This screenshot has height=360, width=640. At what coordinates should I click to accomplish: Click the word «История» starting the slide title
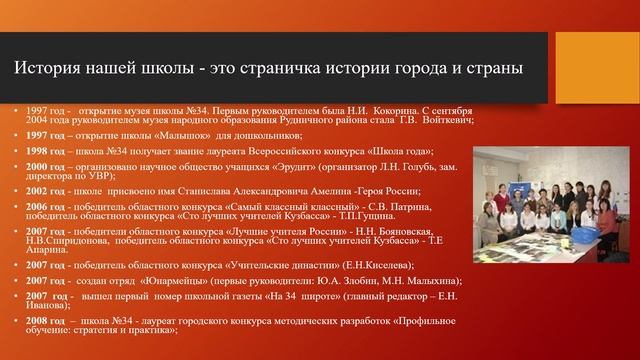click(x=46, y=69)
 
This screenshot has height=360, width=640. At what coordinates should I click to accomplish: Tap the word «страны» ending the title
click(x=490, y=69)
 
